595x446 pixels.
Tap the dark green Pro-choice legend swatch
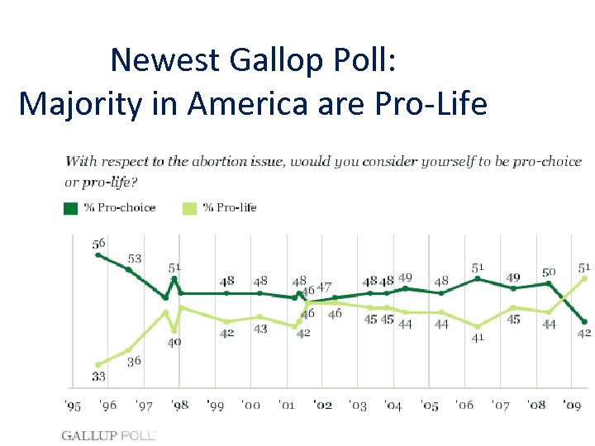coord(71,208)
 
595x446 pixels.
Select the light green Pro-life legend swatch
coord(189,208)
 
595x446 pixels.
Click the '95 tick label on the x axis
coord(74,406)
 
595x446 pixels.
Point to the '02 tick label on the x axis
coord(323,406)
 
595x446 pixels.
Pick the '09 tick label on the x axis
coord(573,406)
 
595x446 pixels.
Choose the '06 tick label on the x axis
coord(465,406)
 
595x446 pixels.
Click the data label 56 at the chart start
coord(99,244)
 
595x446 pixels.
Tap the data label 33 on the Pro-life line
coord(98,377)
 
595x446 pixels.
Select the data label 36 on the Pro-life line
coord(134,362)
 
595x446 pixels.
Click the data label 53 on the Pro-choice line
coord(134,259)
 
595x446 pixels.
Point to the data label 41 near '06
coord(478,338)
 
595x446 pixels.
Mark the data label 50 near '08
coord(549,272)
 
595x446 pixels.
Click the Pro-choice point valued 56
coord(98,255)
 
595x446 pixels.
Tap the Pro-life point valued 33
coord(98,364)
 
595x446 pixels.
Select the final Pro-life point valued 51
coord(584,278)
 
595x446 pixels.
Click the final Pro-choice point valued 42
coord(584,322)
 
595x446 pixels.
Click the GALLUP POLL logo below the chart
coord(108,434)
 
